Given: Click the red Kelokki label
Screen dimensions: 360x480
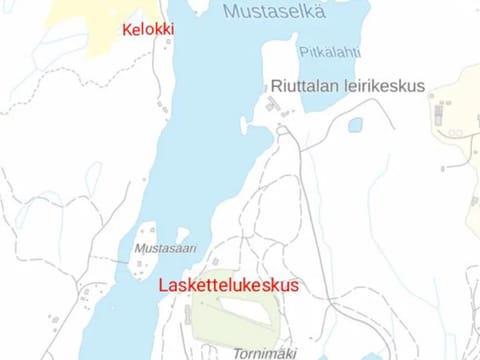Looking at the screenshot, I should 147,30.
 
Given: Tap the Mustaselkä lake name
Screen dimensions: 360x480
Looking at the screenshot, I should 276,12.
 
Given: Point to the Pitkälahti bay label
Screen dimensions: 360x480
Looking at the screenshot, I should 330,52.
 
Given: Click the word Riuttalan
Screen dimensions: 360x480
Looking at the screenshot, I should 305,85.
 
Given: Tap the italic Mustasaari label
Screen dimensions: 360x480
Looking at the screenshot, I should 165,248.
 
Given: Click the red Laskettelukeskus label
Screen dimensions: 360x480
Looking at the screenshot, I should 229,285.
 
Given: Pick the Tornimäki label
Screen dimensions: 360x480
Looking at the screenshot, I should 266,352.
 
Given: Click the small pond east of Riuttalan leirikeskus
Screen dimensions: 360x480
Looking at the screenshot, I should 354,125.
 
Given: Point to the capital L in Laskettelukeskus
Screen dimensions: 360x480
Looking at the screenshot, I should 165,285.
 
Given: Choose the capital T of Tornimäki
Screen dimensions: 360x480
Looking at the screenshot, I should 238,352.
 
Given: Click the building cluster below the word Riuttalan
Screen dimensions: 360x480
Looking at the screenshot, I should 272,106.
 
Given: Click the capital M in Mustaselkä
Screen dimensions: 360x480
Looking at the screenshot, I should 231,12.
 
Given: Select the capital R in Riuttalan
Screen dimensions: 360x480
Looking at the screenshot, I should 276,85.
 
